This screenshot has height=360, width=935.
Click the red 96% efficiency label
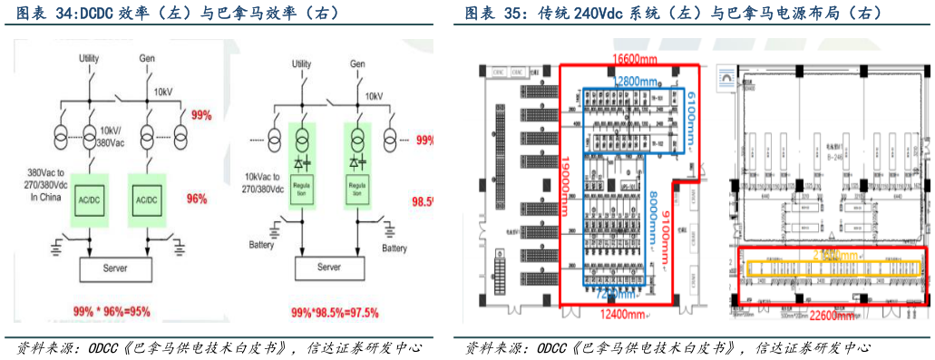pos(199,199)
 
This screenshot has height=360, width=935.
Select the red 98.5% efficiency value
pos(422,200)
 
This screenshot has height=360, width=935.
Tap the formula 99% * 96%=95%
pos(112,311)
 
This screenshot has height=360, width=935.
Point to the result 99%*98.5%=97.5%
pos(335,312)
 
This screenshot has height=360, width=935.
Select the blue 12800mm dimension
pos(628,80)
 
